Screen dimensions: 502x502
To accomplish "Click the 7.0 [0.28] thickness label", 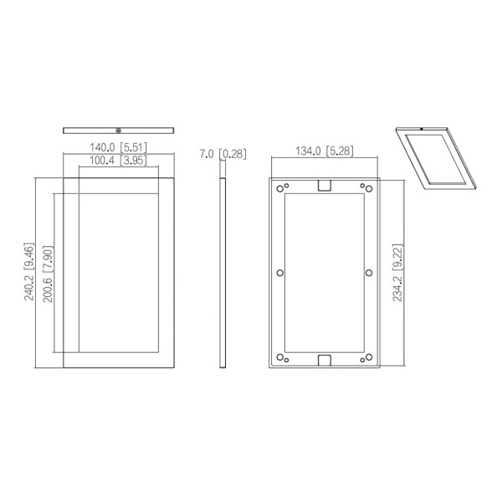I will [x=223, y=153].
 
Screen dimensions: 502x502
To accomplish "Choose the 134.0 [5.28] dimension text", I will [x=325, y=151].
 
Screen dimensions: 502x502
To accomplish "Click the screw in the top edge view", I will [x=119, y=130].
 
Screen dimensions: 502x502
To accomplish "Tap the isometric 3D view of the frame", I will [x=435, y=157].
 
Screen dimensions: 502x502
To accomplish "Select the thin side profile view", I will [x=223, y=272].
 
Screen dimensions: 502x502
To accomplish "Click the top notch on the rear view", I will [x=325, y=185].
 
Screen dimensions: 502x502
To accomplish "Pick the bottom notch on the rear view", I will [x=325, y=361].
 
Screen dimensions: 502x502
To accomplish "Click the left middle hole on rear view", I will [x=279, y=273].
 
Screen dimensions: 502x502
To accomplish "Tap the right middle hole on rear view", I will [x=369, y=273].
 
